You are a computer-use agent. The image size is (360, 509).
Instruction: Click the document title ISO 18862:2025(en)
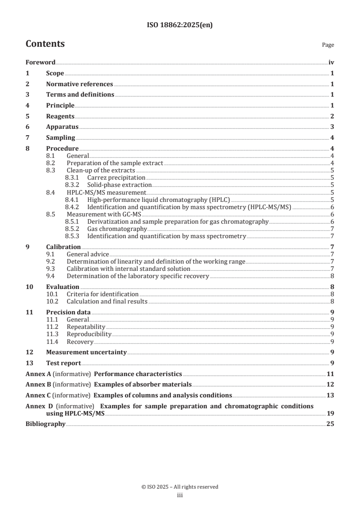pyautogui.click(x=180, y=25)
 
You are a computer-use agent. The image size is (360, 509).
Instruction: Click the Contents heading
pyautogui.click(x=45, y=44)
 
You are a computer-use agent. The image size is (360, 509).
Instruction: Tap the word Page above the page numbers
pyautogui.click(x=328, y=45)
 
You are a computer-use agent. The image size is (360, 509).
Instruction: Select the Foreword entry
pyautogui.click(x=40, y=63)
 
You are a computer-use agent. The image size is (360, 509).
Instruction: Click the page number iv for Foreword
pyautogui.click(x=331, y=63)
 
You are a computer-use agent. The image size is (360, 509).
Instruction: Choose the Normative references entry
pyautogui.click(x=79, y=84)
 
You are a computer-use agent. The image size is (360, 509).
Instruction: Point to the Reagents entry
pyautogui.click(x=60, y=116)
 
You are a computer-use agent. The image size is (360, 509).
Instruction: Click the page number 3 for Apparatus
pyautogui.click(x=332, y=127)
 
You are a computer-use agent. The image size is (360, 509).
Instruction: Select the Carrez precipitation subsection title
pyautogui.click(x=116, y=178)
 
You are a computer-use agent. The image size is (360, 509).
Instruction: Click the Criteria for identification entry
pyautogui.click(x=103, y=294)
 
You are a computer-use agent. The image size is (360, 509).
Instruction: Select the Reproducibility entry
pyautogui.click(x=89, y=334)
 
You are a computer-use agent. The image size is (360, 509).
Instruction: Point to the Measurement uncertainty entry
pyautogui.click(x=86, y=352)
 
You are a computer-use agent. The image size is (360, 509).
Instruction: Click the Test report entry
pyautogui.click(x=64, y=363)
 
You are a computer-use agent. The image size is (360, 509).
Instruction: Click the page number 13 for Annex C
pyautogui.click(x=330, y=395)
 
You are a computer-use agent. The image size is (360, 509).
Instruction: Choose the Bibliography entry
pyautogui.click(x=45, y=424)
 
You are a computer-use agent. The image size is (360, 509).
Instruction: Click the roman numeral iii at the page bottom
pyautogui.click(x=180, y=495)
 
